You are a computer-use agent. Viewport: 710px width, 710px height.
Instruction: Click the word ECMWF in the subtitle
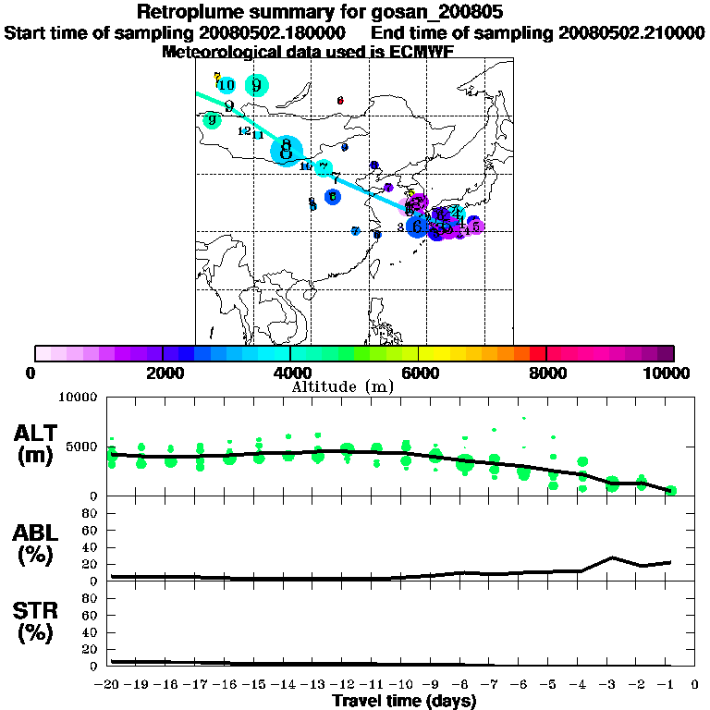pos(422,52)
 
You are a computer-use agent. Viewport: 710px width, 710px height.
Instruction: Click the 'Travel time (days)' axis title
pos(404,701)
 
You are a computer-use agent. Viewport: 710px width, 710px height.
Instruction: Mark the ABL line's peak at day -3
pos(612,557)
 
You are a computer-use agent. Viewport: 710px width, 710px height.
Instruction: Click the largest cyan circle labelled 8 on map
pos(288,148)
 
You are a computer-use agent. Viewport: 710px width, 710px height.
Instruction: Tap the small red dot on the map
pos(340,101)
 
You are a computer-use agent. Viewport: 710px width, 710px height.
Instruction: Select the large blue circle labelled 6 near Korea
pos(418,225)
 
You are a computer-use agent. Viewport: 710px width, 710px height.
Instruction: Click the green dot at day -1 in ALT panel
pos(671,490)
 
